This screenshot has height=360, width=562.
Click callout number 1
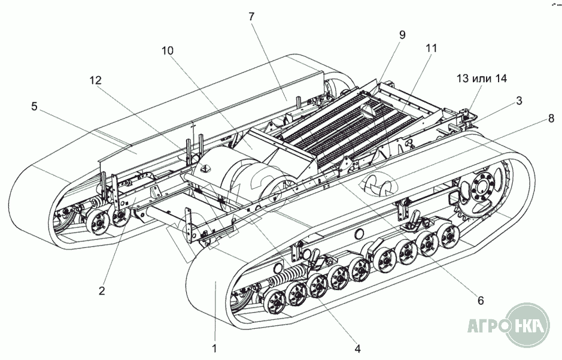click(x=214, y=347)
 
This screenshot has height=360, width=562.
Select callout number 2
click(x=102, y=290)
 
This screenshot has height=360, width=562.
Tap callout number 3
click(x=519, y=101)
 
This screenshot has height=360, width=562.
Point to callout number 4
click(x=357, y=348)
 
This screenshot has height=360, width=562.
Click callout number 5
click(x=34, y=106)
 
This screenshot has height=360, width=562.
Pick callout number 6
click(x=481, y=300)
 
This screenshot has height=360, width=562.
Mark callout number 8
click(x=551, y=118)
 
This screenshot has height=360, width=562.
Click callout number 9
click(x=402, y=35)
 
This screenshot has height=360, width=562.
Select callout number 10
click(x=167, y=50)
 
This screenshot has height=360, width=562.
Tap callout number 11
click(x=431, y=48)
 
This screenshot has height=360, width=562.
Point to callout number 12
click(x=96, y=80)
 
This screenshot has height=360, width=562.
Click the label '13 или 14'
click(x=482, y=78)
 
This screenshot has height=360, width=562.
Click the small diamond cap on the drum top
click(x=206, y=168)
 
